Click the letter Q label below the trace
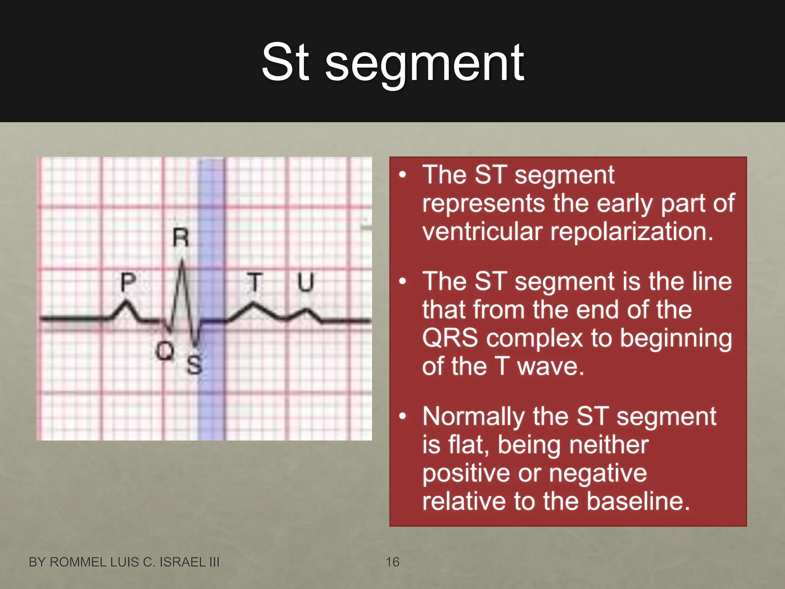(165, 350)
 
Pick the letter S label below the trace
(194, 364)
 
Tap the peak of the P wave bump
(126, 302)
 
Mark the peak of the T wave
(253, 304)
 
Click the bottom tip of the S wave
(196, 344)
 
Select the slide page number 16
(392, 562)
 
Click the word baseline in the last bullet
(638, 502)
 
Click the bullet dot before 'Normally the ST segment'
(402, 416)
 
